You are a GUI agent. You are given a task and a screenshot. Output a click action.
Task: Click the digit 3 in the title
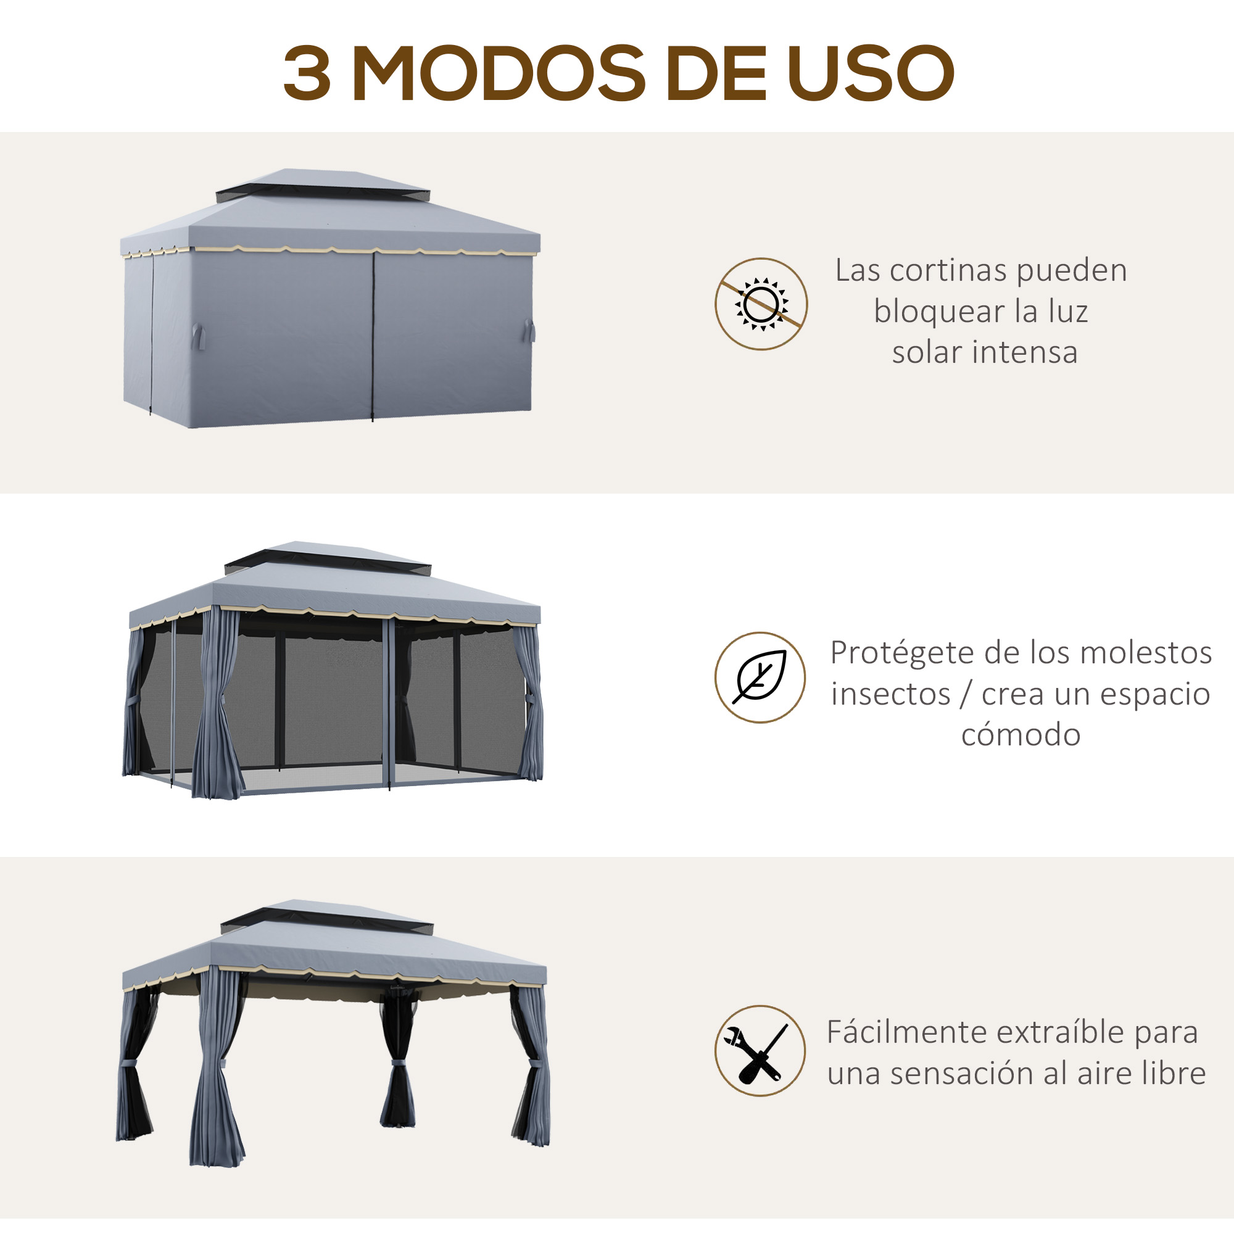pos(307,73)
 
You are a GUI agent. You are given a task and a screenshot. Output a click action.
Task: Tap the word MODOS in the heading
pos(499,73)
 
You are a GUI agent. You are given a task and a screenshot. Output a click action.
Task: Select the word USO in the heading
pos(871,73)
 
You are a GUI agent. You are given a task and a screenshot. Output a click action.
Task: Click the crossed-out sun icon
pos(761,304)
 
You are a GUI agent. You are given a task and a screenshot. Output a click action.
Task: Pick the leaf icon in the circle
pos(760,677)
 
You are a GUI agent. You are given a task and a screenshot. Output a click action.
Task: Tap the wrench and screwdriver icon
pos(760,1051)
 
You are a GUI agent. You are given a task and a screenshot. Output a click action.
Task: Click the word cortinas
pos(948,270)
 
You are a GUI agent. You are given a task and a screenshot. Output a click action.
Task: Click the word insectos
pos(890,694)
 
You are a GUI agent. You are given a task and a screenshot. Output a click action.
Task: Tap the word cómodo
pos(1021,734)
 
